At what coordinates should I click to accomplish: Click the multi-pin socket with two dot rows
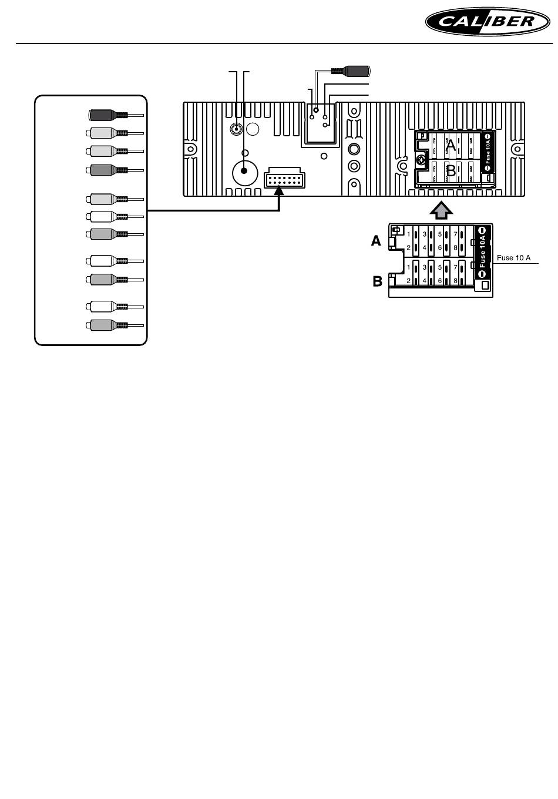(x=284, y=179)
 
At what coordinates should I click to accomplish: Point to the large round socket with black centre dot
(x=245, y=173)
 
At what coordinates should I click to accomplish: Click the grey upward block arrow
(x=441, y=209)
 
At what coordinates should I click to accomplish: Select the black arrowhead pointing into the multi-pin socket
(x=280, y=190)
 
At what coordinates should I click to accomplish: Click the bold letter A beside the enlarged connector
(x=376, y=241)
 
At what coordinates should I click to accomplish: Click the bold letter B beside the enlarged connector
(x=377, y=281)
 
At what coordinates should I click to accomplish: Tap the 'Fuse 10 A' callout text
(x=514, y=257)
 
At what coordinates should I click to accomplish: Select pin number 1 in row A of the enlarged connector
(x=409, y=234)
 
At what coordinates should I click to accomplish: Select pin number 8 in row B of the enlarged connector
(x=455, y=281)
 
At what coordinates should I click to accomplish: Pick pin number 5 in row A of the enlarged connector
(x=439, y=234)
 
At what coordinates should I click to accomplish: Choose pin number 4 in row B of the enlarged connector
(x=424, y=281)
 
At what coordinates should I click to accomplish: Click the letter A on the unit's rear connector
(x=451, y=142)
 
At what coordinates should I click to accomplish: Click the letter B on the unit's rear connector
(x=451, y=171)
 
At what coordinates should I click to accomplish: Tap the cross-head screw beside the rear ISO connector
(x=421, y=159)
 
